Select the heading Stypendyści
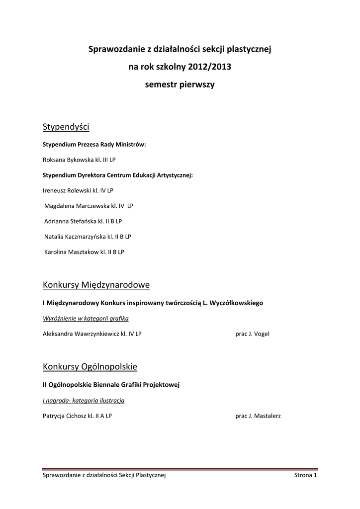pyautogui.click(x=66, y=127)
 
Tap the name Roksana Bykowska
pyautogui.click(x=65, y=160)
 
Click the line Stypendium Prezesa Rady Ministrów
pyautogui.click(x=94, y=145)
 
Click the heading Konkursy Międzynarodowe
pyautogui.click(x=96, y=285)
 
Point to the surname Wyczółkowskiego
pyautogui.click(x=234, y=302)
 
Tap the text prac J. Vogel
pyautogui.click(x=252, y=334)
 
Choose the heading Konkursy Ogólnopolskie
pyautogui.click(x=90, y=367)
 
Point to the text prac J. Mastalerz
pyautogui.click(x=258, y=416)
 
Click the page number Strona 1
pyautogui.click(x=305, y=476)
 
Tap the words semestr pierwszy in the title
pyautogui.click(x=180, y=85)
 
